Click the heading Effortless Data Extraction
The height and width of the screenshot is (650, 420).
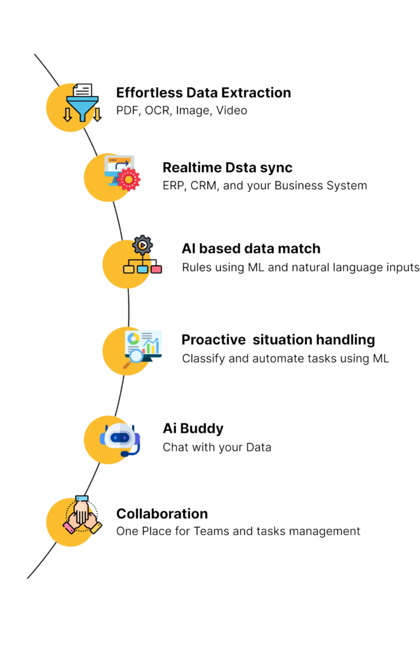(x=203, y=93)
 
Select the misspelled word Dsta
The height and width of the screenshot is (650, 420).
(x=241, y=168)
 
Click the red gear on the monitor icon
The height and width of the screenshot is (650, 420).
(x=128, y=180)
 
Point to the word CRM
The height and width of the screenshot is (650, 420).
(x=204, y=186)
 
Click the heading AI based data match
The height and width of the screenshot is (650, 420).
(x=251, y=248)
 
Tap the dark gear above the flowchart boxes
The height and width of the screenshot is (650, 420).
(x=142, y=245)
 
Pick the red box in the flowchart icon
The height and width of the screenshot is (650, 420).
(x=156, y=269)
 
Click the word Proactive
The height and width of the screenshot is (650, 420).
(x=213, y=340)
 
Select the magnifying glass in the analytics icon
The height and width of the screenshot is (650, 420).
(x=133, y=358)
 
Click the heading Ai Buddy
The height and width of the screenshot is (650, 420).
(x=193, y=428)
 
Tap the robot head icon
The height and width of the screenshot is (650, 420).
(x=120, y=440)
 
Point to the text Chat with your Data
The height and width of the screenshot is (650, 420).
(x=217, y=448)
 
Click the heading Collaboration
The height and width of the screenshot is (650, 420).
(x=162, y=514)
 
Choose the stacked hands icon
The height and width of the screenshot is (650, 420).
(x=82, y=515)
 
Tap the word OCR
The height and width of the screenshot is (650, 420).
(x=158, y=110)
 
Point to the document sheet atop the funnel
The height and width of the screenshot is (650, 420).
(x=83, y=90)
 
